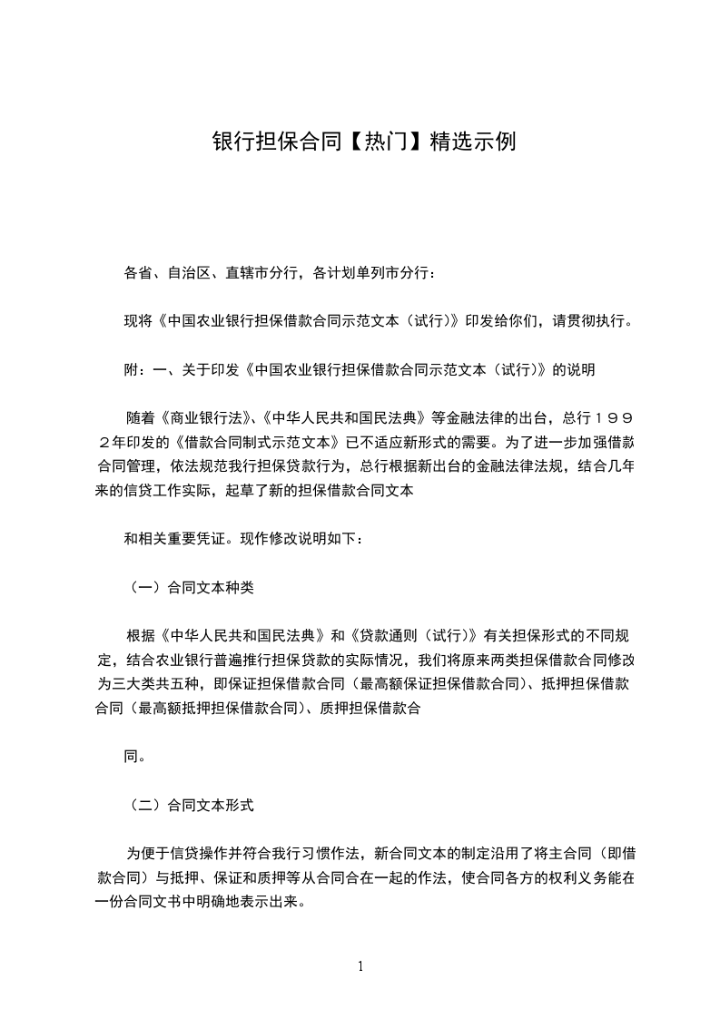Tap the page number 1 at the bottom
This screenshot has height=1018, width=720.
click(360, 966)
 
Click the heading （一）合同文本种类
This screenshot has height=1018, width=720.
click(189, 587)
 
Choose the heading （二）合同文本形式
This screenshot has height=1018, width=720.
click(189, 805)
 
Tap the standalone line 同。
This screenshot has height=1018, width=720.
click(133, 756)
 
